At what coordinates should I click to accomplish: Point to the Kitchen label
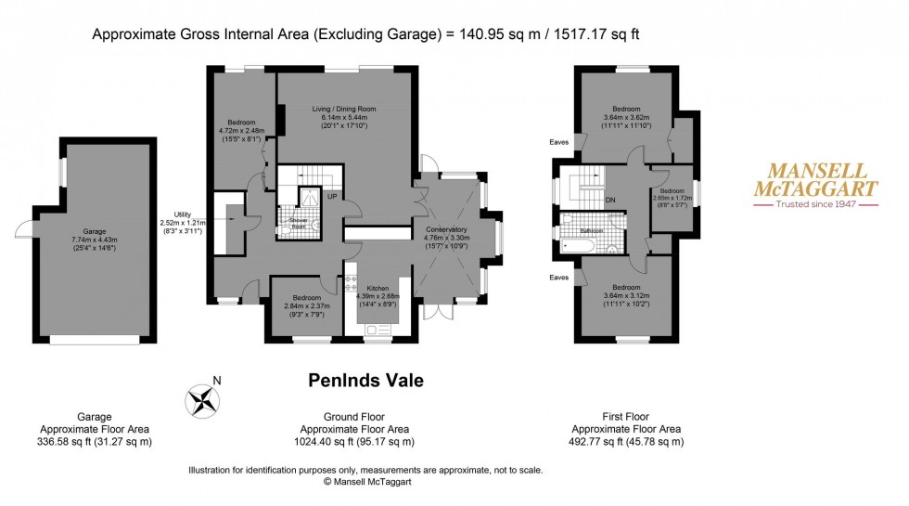[x=377, y=288]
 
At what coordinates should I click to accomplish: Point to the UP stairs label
[x=330, y=196]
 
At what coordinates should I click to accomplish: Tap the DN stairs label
[x=609, y=199]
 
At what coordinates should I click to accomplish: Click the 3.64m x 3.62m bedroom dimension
[x=626, y=118]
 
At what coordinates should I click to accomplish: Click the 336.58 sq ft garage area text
[x=96, y=442]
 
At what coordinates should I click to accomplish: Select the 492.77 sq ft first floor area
[x=626, y=442]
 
